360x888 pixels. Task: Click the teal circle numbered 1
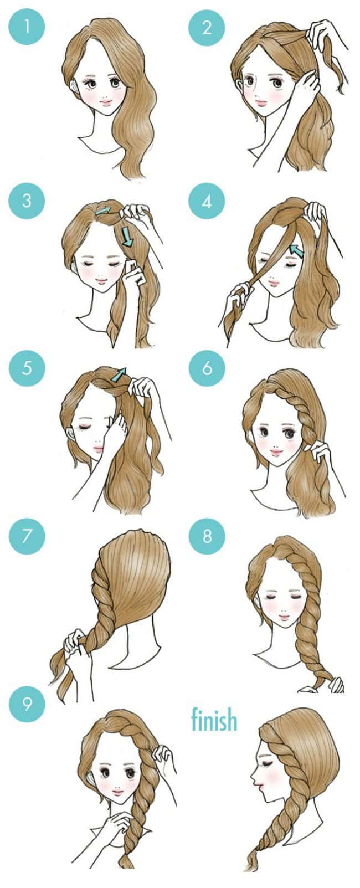[x=27, y=27]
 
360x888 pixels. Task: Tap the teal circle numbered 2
[x=207, y=27]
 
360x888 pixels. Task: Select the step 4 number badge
[x=207, y=201]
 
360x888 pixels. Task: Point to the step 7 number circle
[x=27, y=536]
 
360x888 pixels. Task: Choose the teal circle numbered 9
[x=27, y=704]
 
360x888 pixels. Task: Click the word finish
[x=214, y=720]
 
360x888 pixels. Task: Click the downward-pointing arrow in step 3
[x=128, y=236]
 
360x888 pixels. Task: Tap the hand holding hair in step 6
[x=320, y=451]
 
